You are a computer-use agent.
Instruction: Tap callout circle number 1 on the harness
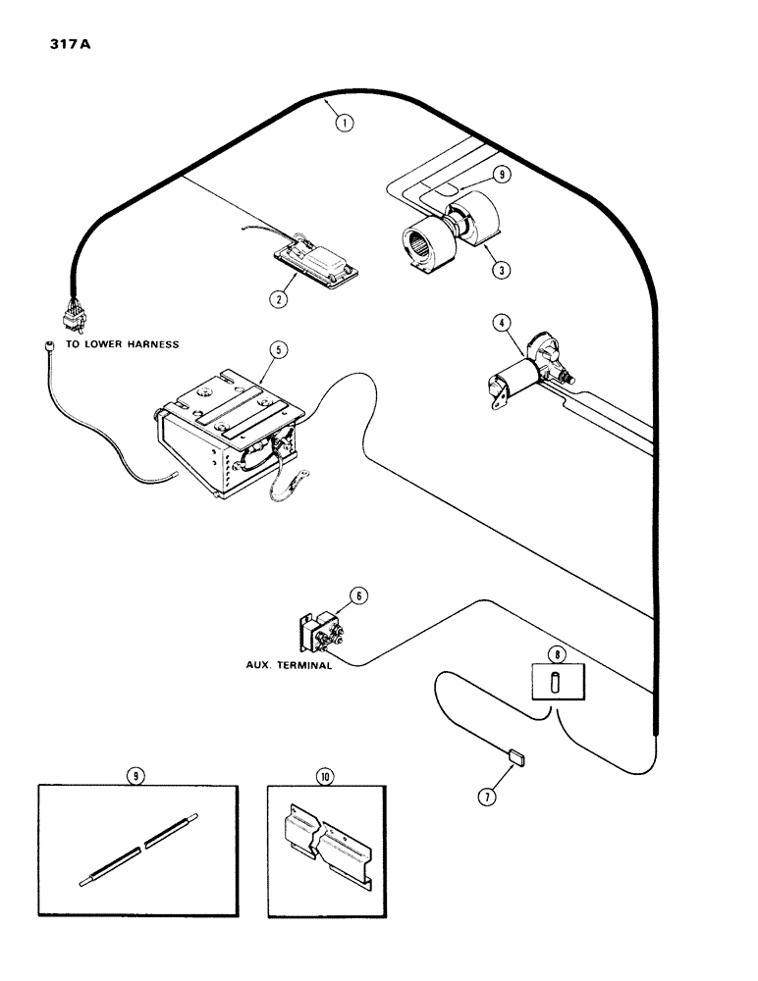342,124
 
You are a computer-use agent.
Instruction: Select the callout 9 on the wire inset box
137,776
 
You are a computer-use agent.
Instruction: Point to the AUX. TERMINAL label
287,664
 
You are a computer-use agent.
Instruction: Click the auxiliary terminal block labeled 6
319,633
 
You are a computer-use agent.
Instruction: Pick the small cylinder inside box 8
555,681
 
